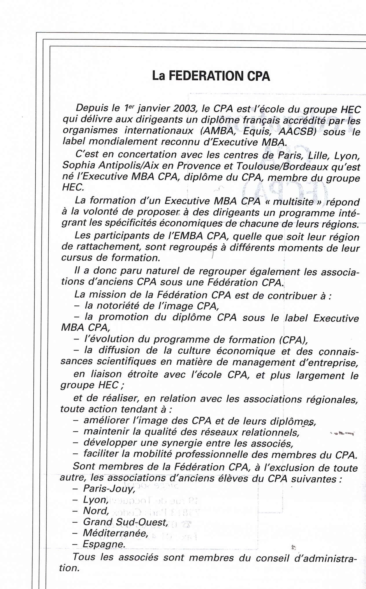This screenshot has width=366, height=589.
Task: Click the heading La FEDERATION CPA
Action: click(211, 76)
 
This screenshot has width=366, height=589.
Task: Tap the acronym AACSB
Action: click(297, 132)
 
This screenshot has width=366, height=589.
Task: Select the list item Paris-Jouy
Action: click(109, 489)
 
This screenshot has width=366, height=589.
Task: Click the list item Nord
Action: click(96, 511)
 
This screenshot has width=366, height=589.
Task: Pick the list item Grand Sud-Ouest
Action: click(125, 522)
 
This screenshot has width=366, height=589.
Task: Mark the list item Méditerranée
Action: click(115, 533)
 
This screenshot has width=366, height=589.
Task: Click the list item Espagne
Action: click(104, 544)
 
